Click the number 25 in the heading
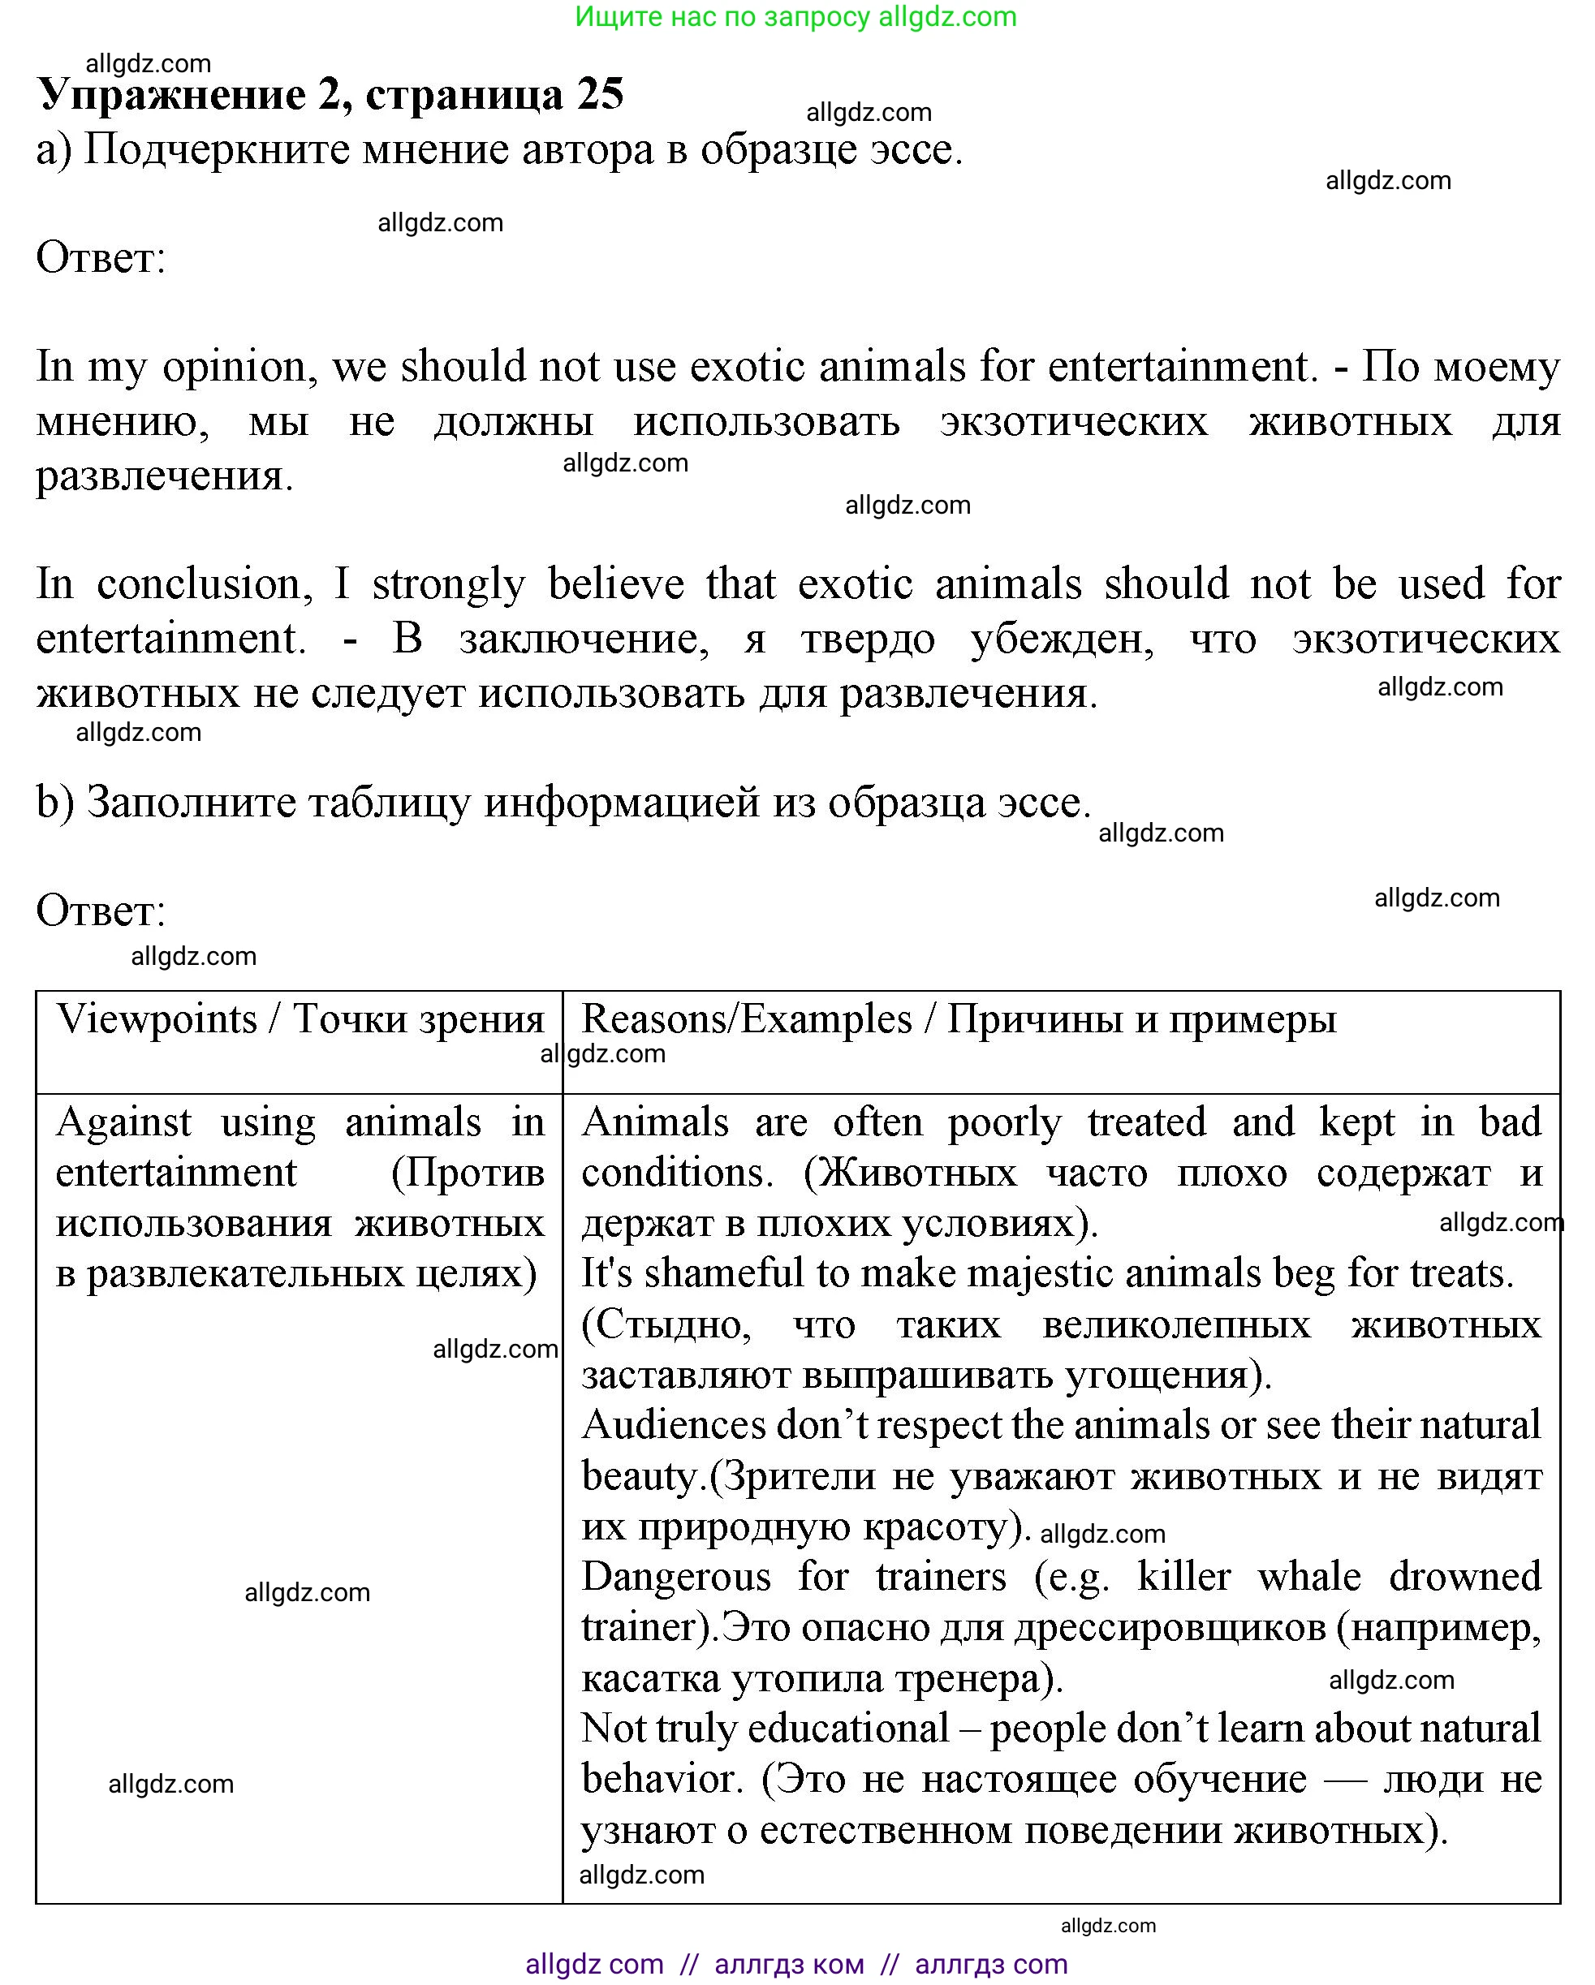(x=601, y=94)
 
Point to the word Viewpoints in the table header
(x=157, y=1019)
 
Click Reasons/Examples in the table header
(x=746, y=1019)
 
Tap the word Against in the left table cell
(x=123, y=1122)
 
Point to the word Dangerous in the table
(x=676, y=1577)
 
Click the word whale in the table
(x=1308, y=1577)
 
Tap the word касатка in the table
(x=650, y=1678)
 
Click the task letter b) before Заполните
(x=54, y=802)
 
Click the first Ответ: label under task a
(x=101, y=258)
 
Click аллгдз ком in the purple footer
(x=788, y=1964)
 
